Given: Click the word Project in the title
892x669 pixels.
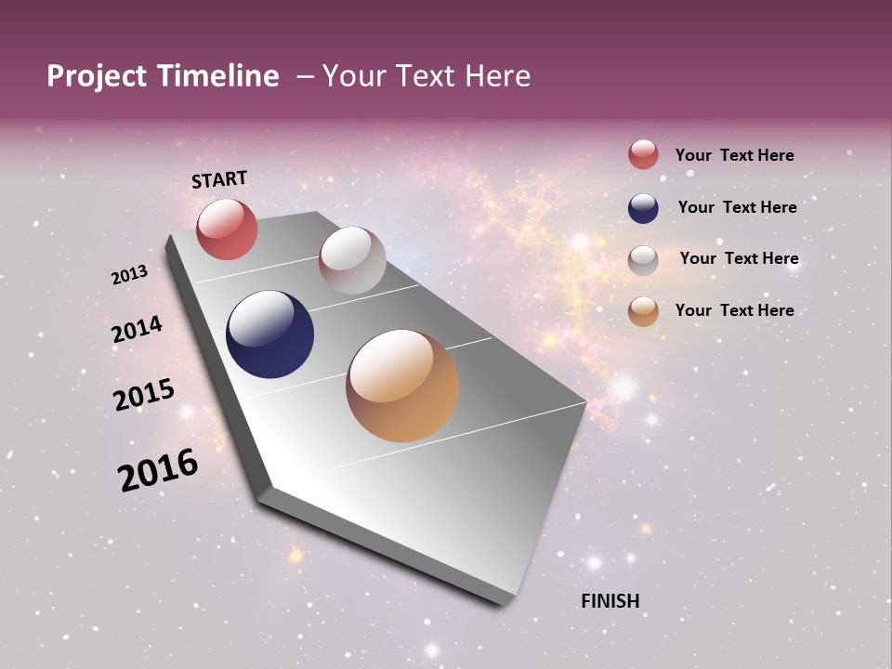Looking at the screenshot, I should point(96,76).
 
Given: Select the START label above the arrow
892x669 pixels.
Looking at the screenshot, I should point(219,179).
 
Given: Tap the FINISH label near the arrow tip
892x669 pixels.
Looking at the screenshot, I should point(610,601).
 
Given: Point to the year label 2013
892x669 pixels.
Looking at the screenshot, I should point(129,275).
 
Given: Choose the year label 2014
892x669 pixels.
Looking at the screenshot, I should point(137,329).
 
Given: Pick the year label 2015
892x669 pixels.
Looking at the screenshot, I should point(143,394).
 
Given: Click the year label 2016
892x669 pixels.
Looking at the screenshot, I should point(157,470).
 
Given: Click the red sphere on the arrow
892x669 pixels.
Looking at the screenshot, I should point(227,230).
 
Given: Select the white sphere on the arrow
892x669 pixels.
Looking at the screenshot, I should point(352,260).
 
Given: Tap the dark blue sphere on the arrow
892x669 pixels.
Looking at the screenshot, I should point(270,334).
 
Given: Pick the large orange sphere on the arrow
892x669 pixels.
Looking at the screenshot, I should point(402,386).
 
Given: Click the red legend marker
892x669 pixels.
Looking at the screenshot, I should point(643,155).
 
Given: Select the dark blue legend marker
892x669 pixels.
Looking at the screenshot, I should point(643,208).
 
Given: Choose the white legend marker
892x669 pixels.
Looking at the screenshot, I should point(643,260).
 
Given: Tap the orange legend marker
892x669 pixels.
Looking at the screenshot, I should point(643,312).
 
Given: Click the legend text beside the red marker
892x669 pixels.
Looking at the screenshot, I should point(734,155).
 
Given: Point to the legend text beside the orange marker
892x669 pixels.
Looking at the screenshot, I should point(734,310).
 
